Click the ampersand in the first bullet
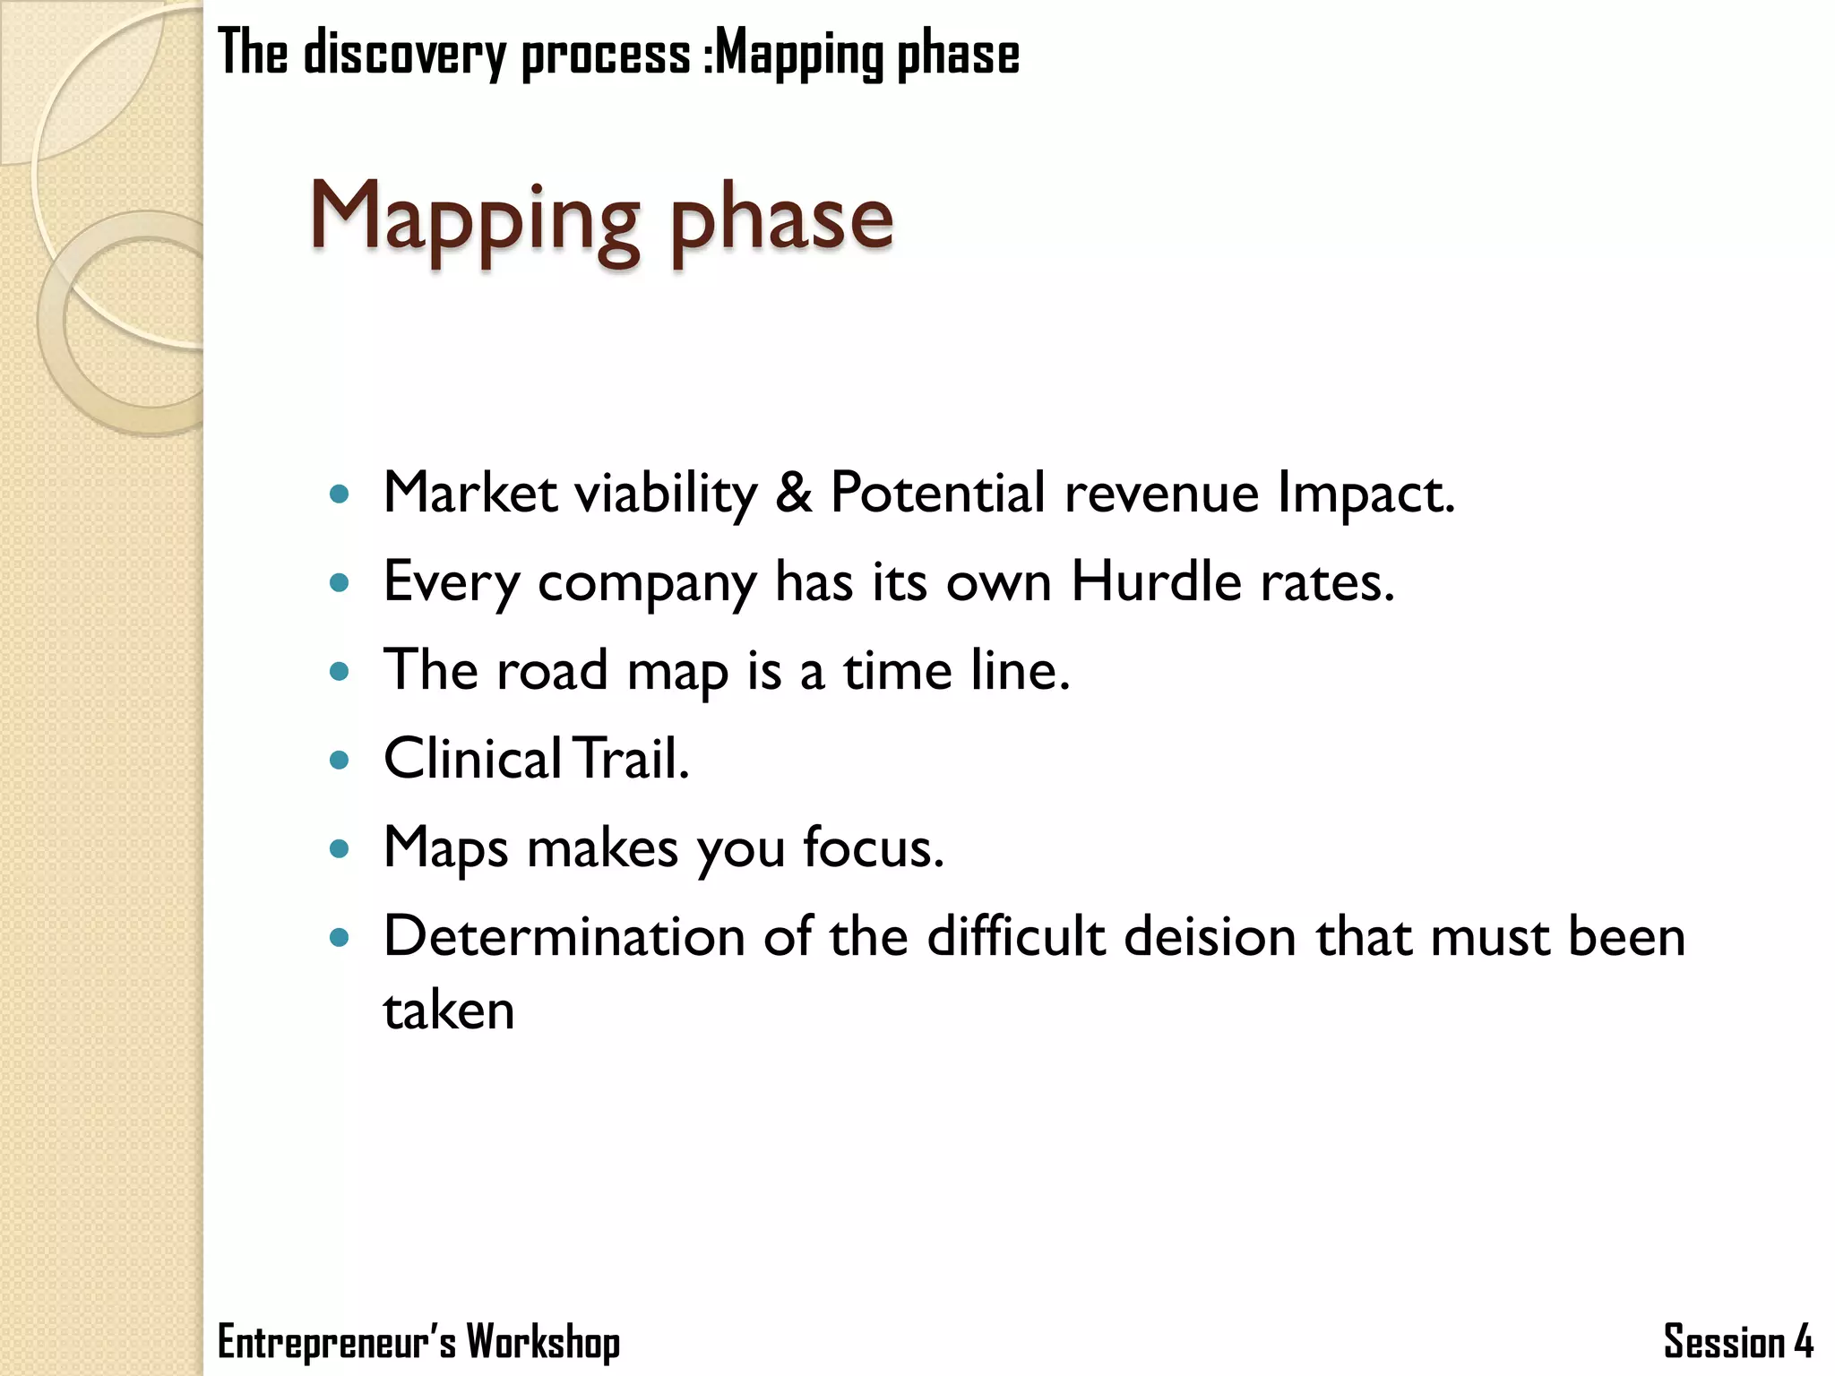[793, 492]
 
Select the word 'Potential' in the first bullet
[937, 492]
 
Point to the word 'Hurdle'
[1157, 581]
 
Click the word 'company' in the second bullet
[647, 584]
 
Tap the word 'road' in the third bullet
[552, 670]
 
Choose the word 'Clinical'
[473, 758]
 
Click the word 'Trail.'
[631, 758]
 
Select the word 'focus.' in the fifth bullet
[874, 847]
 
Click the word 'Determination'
[564, 936]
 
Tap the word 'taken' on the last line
[449, 1010]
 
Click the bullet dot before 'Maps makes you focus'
[339, 848]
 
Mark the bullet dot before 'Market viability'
[339, 494]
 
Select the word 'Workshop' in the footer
[543, 1342]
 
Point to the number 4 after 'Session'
[1804, 1342]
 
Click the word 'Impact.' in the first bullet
[1366, 494]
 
